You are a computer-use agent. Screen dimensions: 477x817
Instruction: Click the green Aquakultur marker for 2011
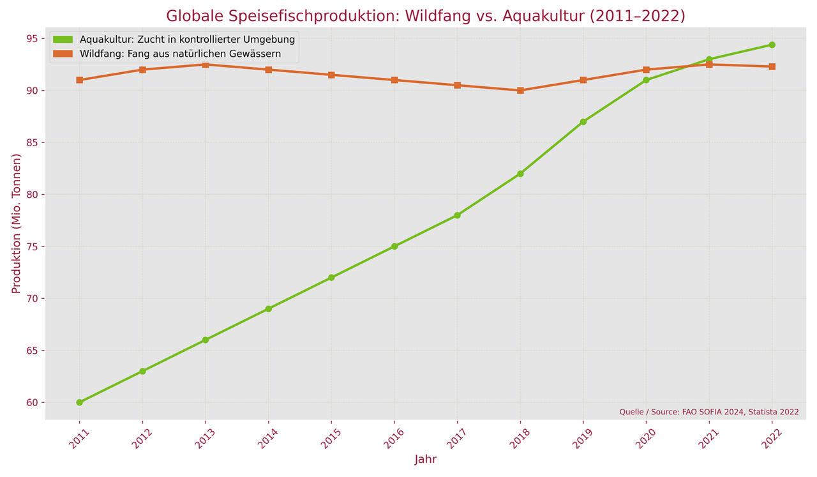pyautogui.click(x=79, y=402)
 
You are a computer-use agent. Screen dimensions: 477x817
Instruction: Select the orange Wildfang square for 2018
pyautogui.click(x=520, y=91)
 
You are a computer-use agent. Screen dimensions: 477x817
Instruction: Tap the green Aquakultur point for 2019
pyautogui.click(x=583, y=121)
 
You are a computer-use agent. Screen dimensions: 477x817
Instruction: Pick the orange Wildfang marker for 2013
pyautogui.click(x=206, y=64)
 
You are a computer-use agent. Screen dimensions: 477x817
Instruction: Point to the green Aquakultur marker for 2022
pyautogui.click(x=772, y=45)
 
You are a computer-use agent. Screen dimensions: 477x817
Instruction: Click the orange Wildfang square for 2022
pyautogui.click(x=772, y=66)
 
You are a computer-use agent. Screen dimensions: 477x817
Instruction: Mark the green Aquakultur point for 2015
pyautogui.click(x=331, y=278)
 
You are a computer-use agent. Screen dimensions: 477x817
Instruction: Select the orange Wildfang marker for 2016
pyautogui.click(x=394, y=80)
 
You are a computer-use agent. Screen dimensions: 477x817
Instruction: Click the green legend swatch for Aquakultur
pyautogui.click(x=64, y=40)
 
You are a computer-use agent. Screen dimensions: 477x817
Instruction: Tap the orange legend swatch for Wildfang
pyautogui.click(x=64, y=54)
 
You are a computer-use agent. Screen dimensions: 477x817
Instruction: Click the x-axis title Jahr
pyautogui.click(x=426, y=459)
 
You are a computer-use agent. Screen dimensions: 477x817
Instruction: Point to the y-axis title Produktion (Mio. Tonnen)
pyautogui.click(x=17, y=223)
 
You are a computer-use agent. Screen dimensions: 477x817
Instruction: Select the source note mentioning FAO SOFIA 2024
pyautogui.click(x=708, y=412)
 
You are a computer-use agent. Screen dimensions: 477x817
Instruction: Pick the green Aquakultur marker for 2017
pyautogui.click(x=458, y=215)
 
